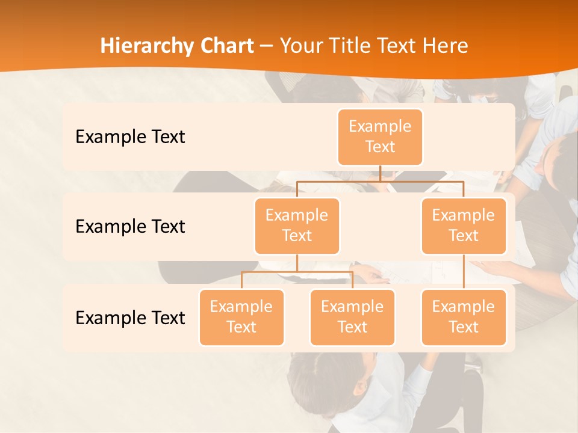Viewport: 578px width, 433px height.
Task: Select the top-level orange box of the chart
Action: [x=380, y=137]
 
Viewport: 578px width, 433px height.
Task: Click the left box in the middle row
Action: [x=297, y=226]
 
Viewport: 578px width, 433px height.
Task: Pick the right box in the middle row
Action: [x=464, y=226]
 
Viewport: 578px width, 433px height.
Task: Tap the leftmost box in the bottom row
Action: [x=241, y=317]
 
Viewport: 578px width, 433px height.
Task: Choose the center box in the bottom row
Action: [x=352, y=317]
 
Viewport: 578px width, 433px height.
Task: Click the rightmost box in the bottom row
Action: [x=464, y=317]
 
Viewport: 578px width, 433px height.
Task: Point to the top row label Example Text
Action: [x=130, y=137]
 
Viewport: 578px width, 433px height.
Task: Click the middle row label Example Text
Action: [x=130, y=227]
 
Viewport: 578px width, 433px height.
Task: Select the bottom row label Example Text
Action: [x=130, y=318]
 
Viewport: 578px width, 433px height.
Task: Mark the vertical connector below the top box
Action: [x=380, y=173]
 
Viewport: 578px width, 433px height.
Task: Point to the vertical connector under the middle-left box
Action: [x=297, y=263]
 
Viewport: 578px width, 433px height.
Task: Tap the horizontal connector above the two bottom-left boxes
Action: [x=297, y=272]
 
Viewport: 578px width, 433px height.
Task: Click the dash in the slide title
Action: [x=267, y=46]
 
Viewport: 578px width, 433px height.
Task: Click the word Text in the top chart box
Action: [x=380, y=147]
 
